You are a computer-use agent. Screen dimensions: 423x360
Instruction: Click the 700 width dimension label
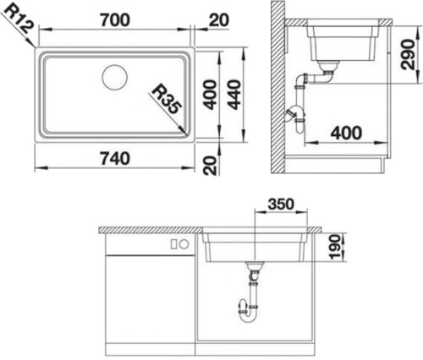pyautogui.click(x=115, y=20)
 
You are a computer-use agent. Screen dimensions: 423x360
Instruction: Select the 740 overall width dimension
pyautogui.click(x=115, y=158)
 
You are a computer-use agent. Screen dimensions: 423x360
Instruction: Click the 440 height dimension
pyautogui.click(x=234, y=95)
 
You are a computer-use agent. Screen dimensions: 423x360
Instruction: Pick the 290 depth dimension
pyautogui.click(x=408, y=55)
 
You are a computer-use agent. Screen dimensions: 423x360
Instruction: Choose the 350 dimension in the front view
pyautogui.click(x=281, y=204)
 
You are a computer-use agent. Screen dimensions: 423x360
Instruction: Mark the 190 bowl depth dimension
pyautogui.click(x=335, y=248)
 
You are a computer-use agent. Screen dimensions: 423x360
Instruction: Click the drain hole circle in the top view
pyautogui.click(x=115, y=77)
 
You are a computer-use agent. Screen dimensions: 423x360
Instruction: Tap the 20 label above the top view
pyautogui.click(x=219, y=20)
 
